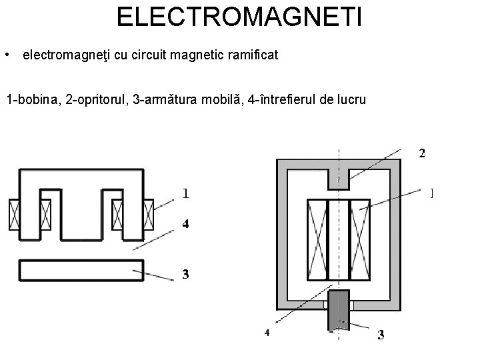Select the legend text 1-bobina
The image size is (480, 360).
tap(33, 101)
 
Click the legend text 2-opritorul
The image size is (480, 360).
tap(97, 101)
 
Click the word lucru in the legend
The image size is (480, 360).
tap(350, 101)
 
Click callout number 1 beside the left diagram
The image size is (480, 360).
tap(185, 194)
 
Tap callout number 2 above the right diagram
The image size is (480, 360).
tap(421, 153)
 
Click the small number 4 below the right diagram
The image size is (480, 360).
tap(266, 332)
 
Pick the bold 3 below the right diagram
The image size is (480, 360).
tap(381, 335)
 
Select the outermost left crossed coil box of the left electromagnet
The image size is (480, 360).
tap(14, 214)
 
